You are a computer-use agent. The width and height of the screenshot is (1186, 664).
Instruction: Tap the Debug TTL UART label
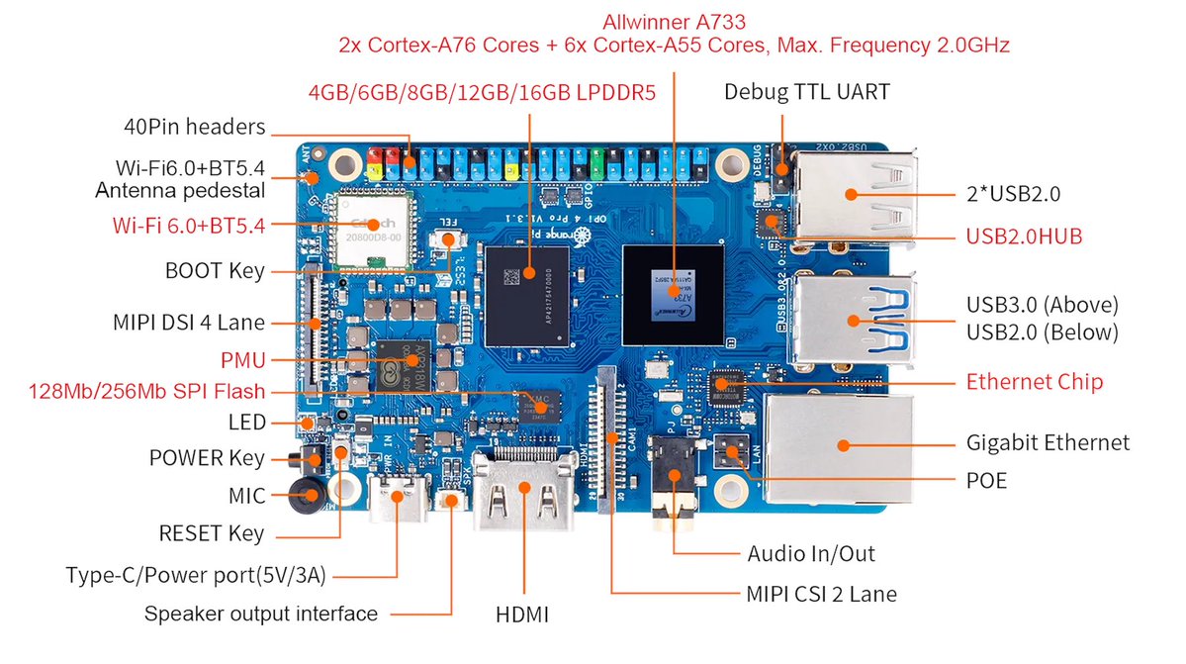tap(806, 92)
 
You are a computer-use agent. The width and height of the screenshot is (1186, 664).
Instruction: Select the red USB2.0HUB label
tap(1024, 236)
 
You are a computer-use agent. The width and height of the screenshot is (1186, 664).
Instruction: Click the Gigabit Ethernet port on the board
tap(836, 445)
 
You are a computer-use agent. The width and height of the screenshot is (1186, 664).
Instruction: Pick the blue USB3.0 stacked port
tap(851, 319)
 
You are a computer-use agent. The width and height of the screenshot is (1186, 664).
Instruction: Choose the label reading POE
tap(986, 480)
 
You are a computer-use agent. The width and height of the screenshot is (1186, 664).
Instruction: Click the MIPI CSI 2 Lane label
tap(820, 594)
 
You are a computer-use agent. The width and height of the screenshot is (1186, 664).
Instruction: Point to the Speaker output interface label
tap(261, 614)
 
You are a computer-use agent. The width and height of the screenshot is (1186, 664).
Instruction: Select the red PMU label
tap(244, 359)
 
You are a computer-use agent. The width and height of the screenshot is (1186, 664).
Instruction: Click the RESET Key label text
tap(211, 533)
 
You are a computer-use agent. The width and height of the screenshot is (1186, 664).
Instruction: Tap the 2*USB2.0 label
tap(1013, 194)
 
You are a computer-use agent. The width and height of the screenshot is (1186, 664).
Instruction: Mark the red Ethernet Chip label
tap(1034, 382)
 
